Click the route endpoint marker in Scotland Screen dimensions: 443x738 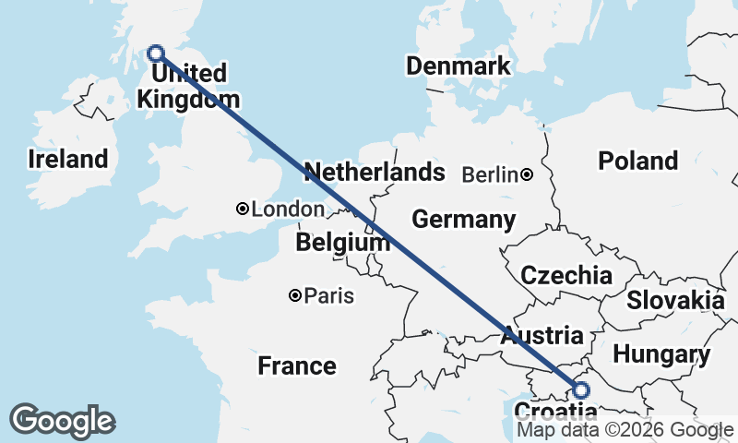[x=156, y=54]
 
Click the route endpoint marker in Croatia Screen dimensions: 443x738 [x=581, y=389]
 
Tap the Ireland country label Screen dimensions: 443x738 [x=67, y=159]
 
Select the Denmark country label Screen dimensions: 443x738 [x=458, y=66]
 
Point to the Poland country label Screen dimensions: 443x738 [x=637, y=161]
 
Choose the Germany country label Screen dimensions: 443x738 [x=463, y=220]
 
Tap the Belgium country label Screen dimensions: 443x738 [x=343, y=243]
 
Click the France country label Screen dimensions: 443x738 [x=296, y=365]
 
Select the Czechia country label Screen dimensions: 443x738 [x=565, y=275]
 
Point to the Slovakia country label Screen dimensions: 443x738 [x=675, y=300]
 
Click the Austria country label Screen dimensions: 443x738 [x=542, y=336]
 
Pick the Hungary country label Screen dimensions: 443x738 [x=661, y=354]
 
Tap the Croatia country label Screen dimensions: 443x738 [x=554, y=412]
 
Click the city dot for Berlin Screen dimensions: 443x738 [x=526, y=174]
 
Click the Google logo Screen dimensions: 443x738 [x=62, y=421]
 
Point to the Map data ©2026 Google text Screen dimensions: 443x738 [x=625, y=430]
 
